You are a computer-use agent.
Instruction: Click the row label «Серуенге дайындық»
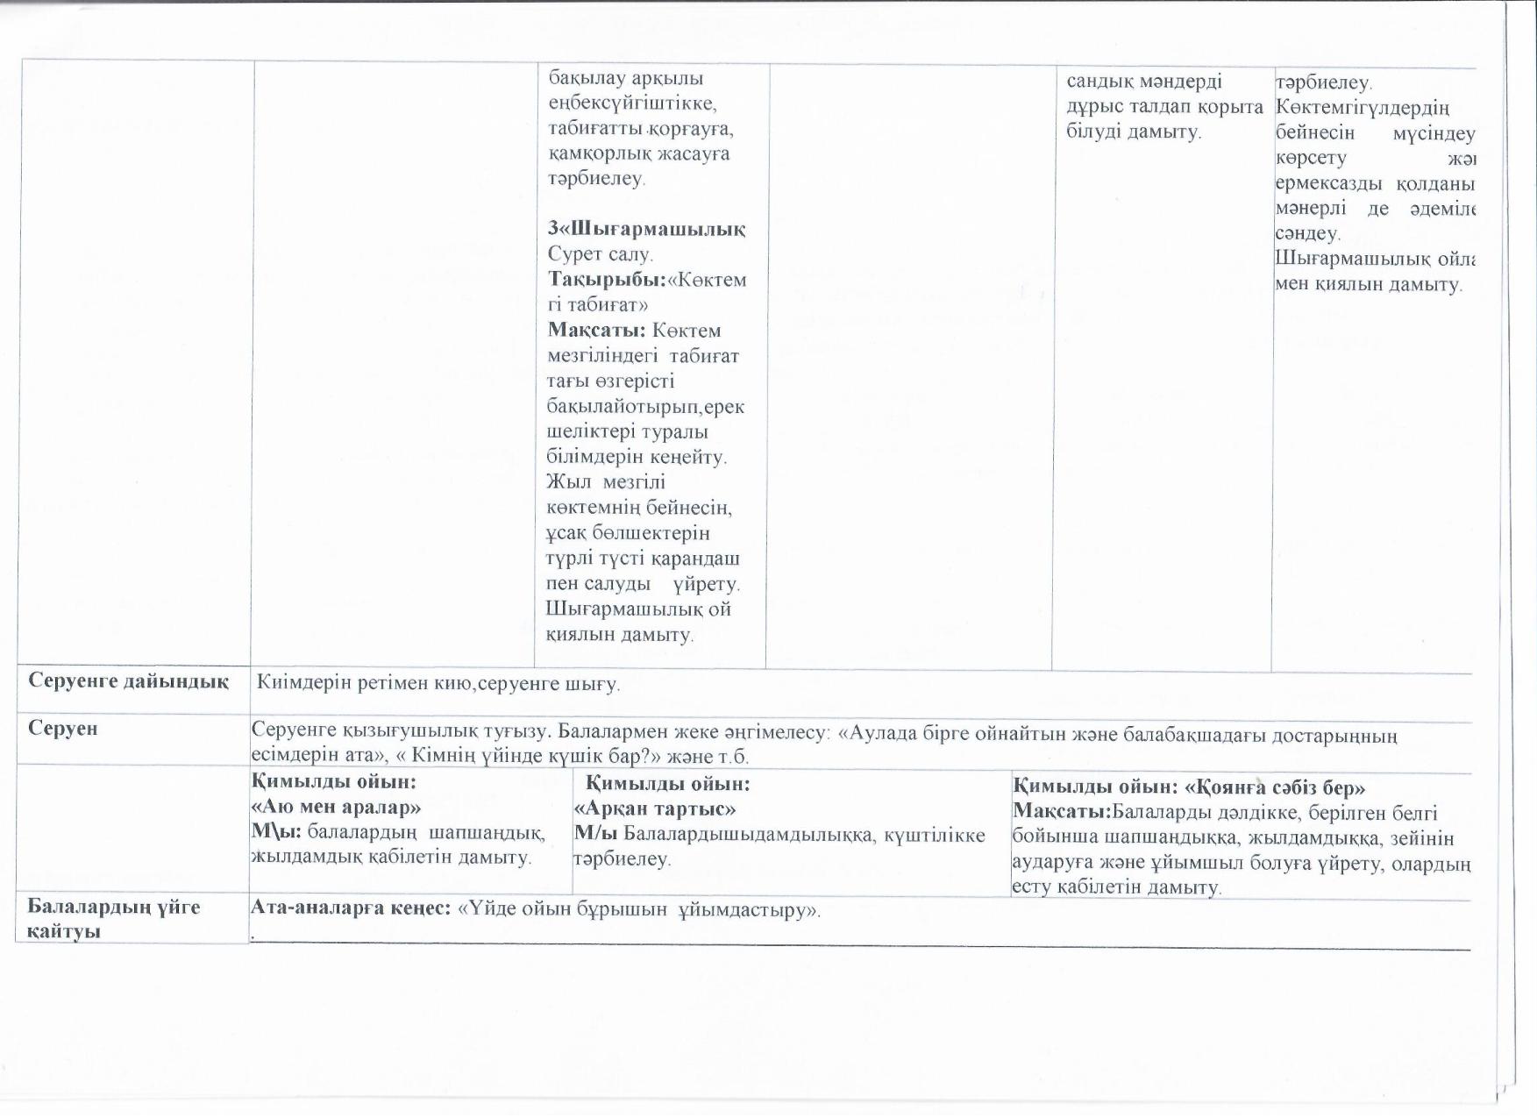tap(128, 681)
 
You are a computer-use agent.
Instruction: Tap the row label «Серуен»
tap(62, 729)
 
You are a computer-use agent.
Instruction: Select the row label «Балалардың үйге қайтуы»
tap(114, 918)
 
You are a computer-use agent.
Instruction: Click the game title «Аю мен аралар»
tap(336, 807)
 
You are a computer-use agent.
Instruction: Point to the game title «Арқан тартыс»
tap(654, 808)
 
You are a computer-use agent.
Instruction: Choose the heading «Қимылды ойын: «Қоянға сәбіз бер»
tap(1189, 787)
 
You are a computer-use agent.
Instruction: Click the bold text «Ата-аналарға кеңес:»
tap(351, 908)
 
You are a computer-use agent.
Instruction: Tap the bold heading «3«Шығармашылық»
tap(646, 229)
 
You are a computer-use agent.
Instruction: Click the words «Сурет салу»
tap(600, 254)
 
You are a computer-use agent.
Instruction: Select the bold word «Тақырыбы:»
tap(607, 280)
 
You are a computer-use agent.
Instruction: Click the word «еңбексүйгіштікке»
tap(632, 103)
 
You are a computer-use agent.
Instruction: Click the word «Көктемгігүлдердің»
tap(1363, 108)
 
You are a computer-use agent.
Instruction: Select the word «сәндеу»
tap(1306, 234)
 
